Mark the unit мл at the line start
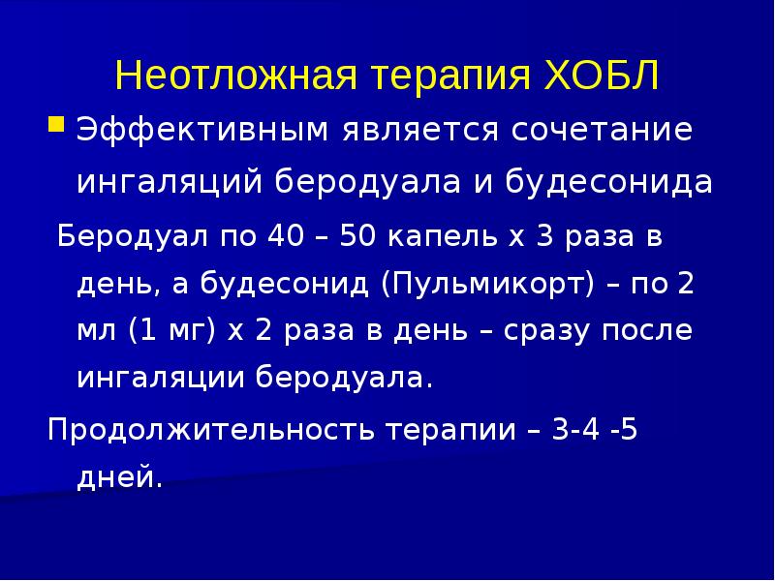pos(97,330)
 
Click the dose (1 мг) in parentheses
pos(172,331)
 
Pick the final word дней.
pos(119,477)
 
